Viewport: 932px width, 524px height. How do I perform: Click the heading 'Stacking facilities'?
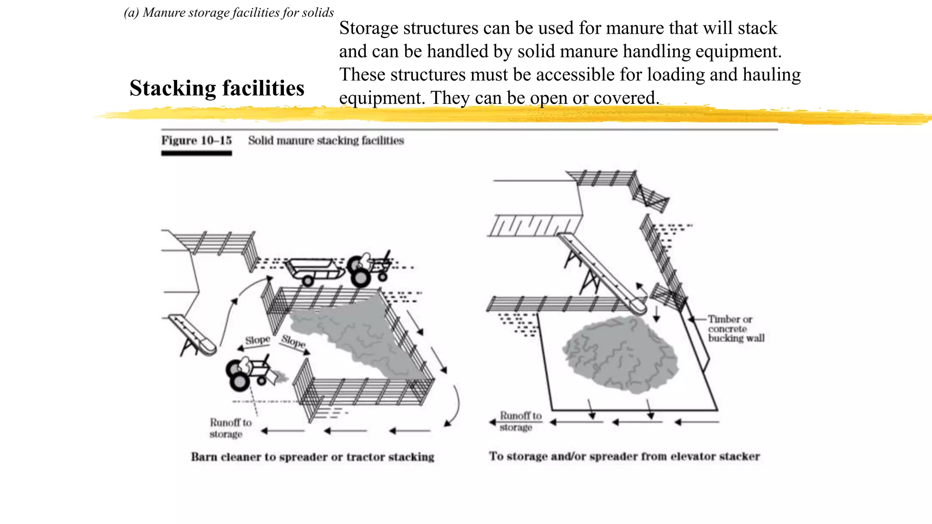pos(217,88)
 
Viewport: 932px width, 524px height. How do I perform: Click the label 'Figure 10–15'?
pos(196,140)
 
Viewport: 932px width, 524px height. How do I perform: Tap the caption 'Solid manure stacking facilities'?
pos(326,141)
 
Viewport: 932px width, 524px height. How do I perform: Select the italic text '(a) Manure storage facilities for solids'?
pos(229,12)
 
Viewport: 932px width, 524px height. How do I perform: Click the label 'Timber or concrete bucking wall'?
pos(735,329)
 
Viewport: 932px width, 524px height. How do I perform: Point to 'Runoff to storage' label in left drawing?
pos(230,428)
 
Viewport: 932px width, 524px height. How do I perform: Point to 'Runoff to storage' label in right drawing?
pos(520,421)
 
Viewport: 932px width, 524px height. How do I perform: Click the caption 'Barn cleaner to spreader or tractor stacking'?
pos(312,457)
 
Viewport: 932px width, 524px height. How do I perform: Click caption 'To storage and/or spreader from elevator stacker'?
pos(624,456)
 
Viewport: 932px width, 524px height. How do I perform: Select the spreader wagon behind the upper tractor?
pos(314,270)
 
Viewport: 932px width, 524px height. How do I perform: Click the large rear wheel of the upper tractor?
pos(361,277)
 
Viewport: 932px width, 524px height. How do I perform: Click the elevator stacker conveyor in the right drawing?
pos(601,272)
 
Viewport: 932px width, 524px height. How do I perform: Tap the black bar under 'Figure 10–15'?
pos(196,153)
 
